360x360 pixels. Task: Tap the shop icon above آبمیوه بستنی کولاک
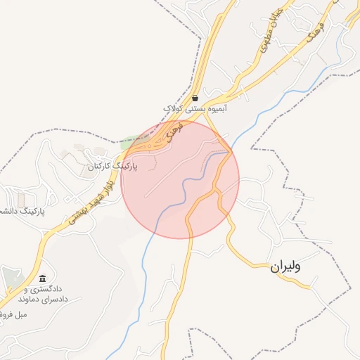[x=195, y=98]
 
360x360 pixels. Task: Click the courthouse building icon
[x=43, y=279]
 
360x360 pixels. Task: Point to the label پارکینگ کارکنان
[x=113, y=167]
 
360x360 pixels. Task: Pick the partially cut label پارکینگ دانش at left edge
[x=21, y=210]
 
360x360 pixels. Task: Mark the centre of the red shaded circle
[x=180, y=179]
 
